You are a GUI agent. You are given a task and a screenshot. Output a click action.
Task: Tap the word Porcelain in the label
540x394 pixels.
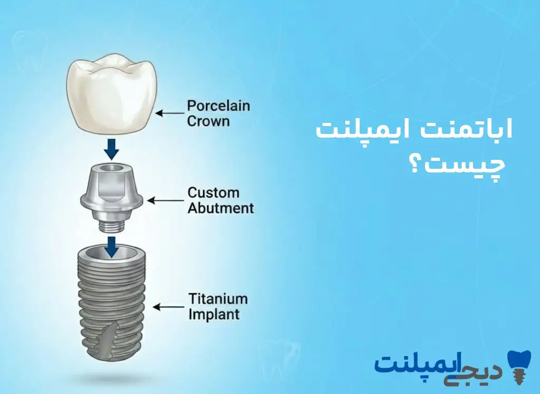click(218, 105)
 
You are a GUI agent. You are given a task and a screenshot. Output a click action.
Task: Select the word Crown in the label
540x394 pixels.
click(208, 121)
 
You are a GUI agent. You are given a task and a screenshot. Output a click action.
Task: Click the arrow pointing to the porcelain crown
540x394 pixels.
click(169, 113)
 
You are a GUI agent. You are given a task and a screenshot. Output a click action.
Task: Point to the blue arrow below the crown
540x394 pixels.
click(111, 149)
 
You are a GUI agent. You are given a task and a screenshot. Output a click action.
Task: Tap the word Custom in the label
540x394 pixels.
click(213, 193)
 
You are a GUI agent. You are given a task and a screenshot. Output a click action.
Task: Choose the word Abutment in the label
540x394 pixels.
click(220, 208)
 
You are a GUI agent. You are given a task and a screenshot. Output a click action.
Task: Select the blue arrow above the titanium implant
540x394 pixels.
click(111, 246)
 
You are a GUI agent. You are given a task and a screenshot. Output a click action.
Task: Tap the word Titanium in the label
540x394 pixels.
click(218, 299)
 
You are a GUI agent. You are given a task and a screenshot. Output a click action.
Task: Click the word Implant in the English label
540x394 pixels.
click(214, 315)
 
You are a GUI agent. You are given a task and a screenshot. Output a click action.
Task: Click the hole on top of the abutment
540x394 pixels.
click(111, 167)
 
